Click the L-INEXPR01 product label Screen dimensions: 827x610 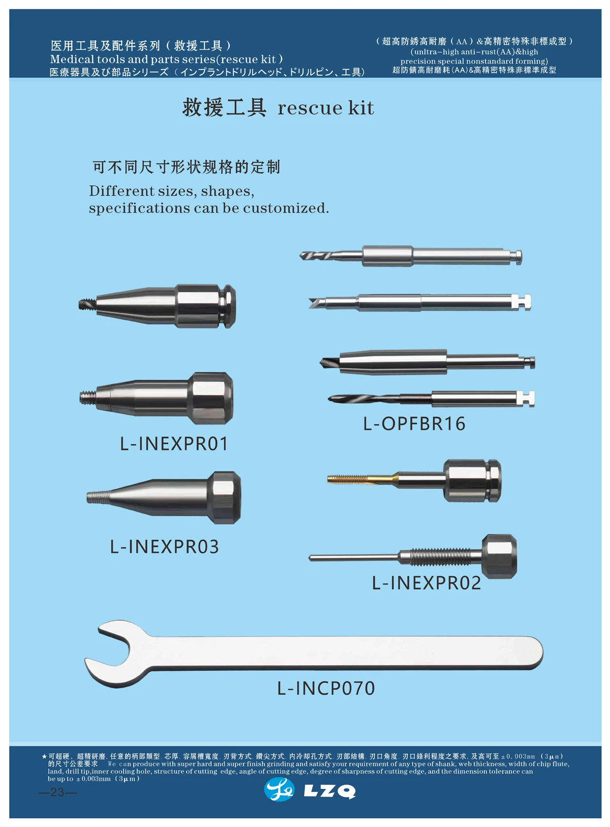point(174,444)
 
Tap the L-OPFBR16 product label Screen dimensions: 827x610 point(414,423)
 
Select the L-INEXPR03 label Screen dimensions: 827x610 point(164,547)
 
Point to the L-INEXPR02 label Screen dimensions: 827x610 point(426,583)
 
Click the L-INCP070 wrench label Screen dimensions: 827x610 point(326,688)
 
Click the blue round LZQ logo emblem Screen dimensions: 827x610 point(279,790)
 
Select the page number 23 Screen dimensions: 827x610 point(57,792)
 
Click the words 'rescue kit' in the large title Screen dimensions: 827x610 point(326,108)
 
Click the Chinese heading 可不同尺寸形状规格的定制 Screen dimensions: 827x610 point(186,167)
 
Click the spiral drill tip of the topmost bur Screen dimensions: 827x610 point(313,255)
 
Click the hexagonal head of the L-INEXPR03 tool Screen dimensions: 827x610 point(225,498)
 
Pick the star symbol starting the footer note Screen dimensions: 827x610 point(45,757)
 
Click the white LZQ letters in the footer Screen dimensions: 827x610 point(329,791)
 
